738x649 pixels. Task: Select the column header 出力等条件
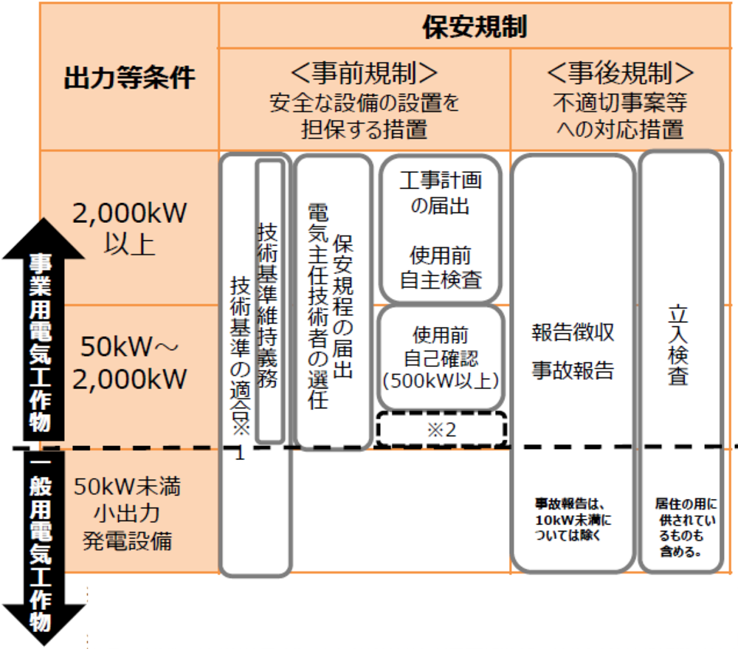129,77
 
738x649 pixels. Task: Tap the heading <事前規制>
364,72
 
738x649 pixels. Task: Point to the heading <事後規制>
621,72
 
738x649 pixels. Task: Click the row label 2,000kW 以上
130,227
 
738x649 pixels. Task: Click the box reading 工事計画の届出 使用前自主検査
441,229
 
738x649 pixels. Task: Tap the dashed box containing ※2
441,429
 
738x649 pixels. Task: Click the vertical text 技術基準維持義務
269,303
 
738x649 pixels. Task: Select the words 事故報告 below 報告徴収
573,370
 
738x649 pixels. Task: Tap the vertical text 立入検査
678,345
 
